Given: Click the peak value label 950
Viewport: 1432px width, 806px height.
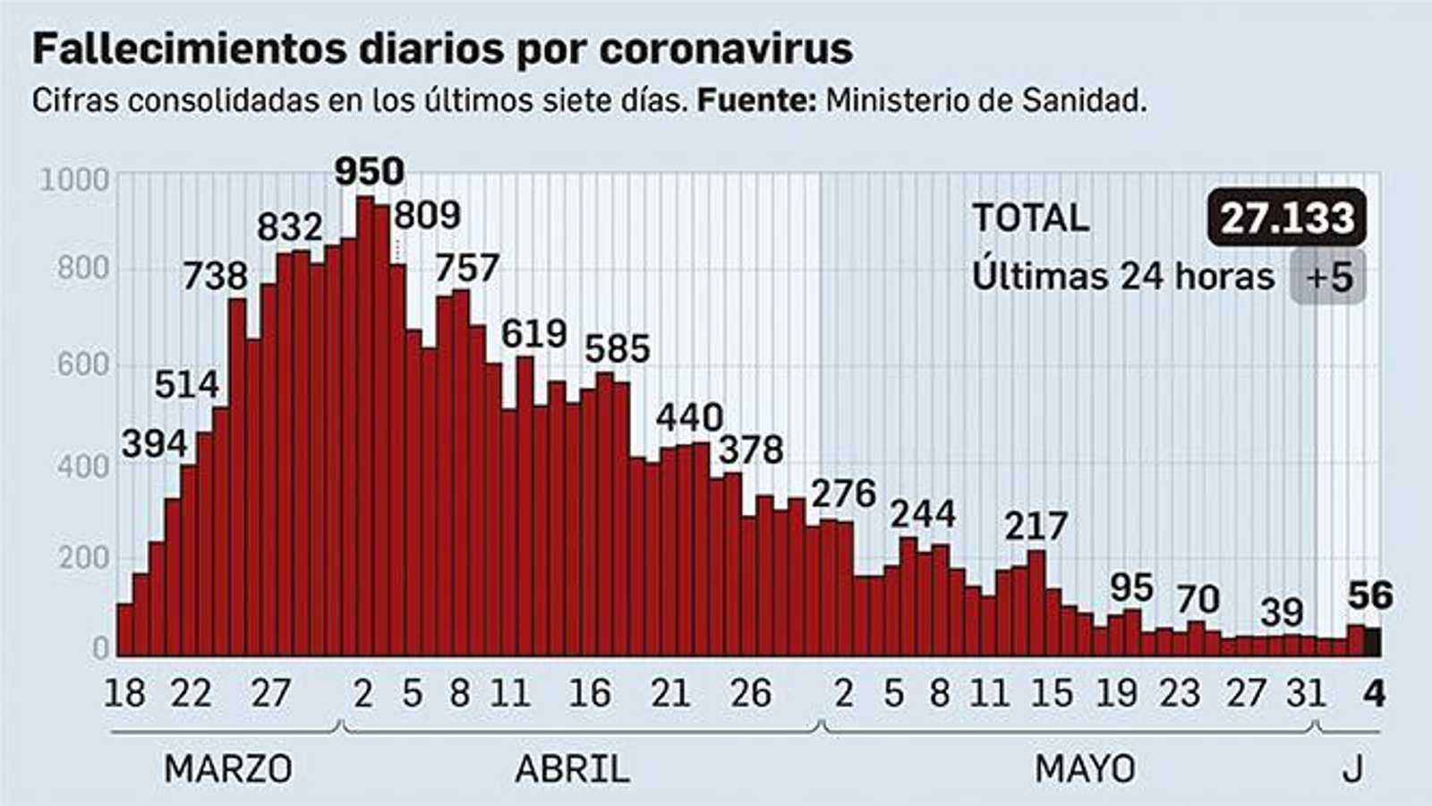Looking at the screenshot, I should [369, 171].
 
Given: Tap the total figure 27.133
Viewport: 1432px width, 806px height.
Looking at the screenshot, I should [1287, 218].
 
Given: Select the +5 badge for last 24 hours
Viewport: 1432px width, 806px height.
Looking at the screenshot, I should [1328, 276].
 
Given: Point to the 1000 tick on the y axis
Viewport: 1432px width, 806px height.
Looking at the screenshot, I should [75, 180].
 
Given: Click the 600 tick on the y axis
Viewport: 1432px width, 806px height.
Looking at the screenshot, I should [82, 365].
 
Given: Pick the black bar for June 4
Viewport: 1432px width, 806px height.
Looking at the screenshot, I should [1372, 641].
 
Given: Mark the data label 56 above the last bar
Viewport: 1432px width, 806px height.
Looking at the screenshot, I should [1370, 596].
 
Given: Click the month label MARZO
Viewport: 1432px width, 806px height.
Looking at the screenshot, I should [228, 768].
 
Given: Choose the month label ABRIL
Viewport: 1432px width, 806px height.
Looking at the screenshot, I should [572, 768].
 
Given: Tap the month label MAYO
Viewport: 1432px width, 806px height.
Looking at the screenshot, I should [1085, 768].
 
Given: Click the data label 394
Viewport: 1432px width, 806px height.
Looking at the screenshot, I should [155, 443].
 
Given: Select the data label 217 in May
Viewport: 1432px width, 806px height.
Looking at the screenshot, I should [1036, 527].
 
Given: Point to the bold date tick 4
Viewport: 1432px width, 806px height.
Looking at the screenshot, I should [1374, 694].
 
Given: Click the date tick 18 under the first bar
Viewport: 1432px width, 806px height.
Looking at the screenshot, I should [124, 694].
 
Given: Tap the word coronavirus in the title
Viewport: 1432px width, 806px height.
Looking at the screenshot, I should [725, 50].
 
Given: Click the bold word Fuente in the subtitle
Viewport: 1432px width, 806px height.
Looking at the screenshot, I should [755, 100].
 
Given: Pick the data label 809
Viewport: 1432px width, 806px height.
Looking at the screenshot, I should [427, 215].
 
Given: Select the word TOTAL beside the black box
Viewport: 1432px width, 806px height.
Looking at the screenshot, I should [1030, 218].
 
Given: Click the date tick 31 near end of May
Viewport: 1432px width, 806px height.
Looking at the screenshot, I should [1305, 694].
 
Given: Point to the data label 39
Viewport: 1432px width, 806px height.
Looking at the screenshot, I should [1282, 613].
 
